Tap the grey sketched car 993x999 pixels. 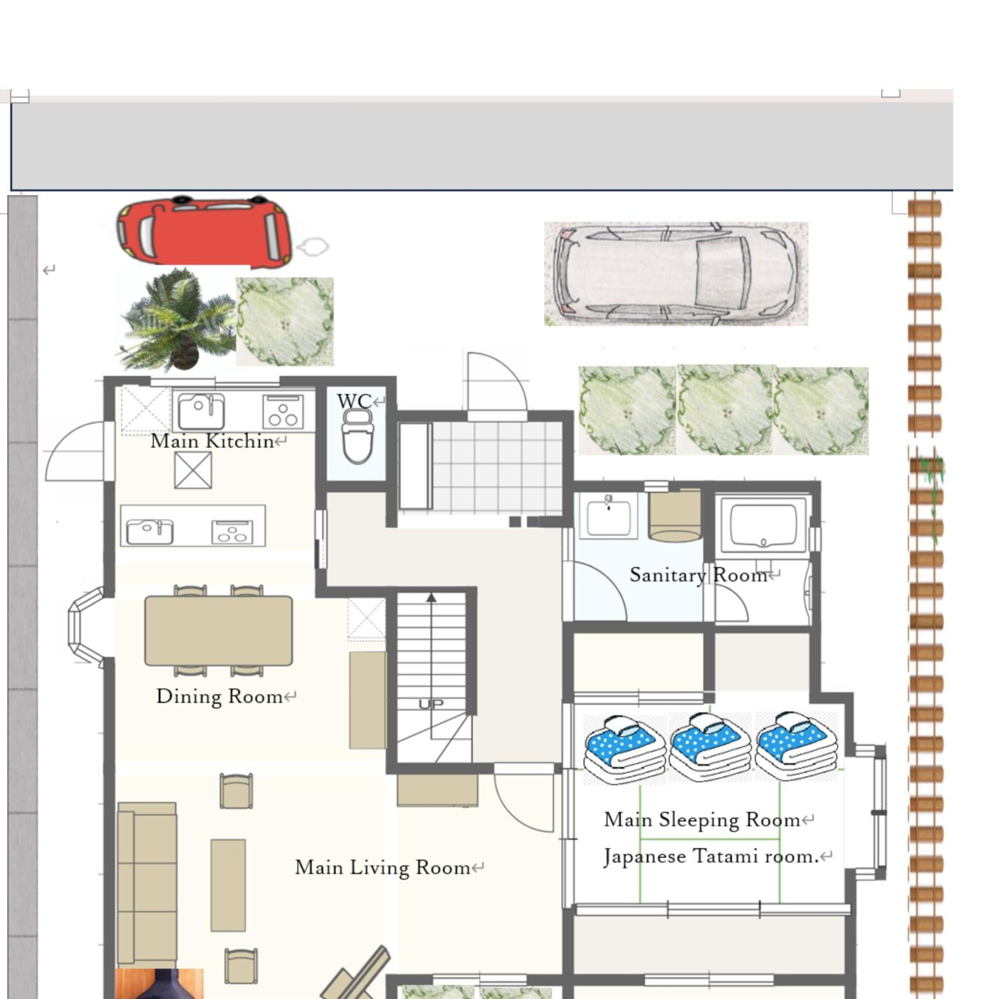tap(676, 274)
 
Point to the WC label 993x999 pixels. tap(354, 401)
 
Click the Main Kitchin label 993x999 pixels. tap(212, 441)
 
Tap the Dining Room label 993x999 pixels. tap(219, 697)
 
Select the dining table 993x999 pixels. tap(218, 631)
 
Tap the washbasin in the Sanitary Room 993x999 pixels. tap(609, 516)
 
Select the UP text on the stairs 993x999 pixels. tap(431, 704)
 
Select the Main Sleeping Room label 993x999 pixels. tap(702, 820)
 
